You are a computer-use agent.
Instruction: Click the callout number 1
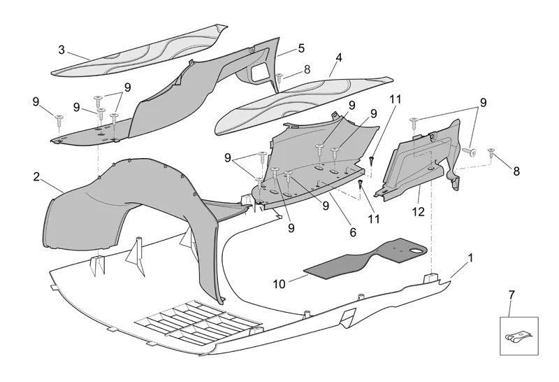pos(470,257)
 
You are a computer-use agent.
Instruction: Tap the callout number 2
pos(36,176)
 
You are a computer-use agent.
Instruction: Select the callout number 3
pos(61,50)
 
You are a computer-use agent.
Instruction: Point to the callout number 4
pos(338,59)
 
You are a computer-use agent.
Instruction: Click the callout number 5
pos(301,48)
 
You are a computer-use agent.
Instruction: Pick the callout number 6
pos(353,232)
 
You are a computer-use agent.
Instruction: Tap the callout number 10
pos(279,285)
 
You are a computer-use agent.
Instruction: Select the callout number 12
pos(419,211)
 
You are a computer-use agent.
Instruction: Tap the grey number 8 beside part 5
pos(307,69)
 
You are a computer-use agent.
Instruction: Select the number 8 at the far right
pos(516,170)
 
